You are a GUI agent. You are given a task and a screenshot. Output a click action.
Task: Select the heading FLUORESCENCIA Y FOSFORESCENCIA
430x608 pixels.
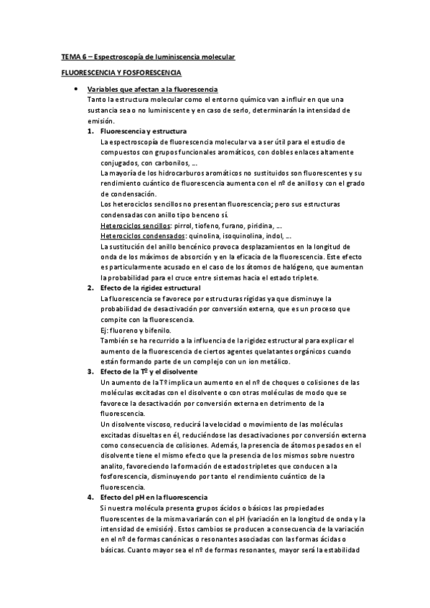pyautogui.click(x=121, y=73)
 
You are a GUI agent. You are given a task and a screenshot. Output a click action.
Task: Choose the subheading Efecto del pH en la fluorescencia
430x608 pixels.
pyautogui.click(x=154, y=497)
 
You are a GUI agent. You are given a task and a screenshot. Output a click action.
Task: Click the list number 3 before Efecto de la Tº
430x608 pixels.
pyautogui.click(x=90, y=371)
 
